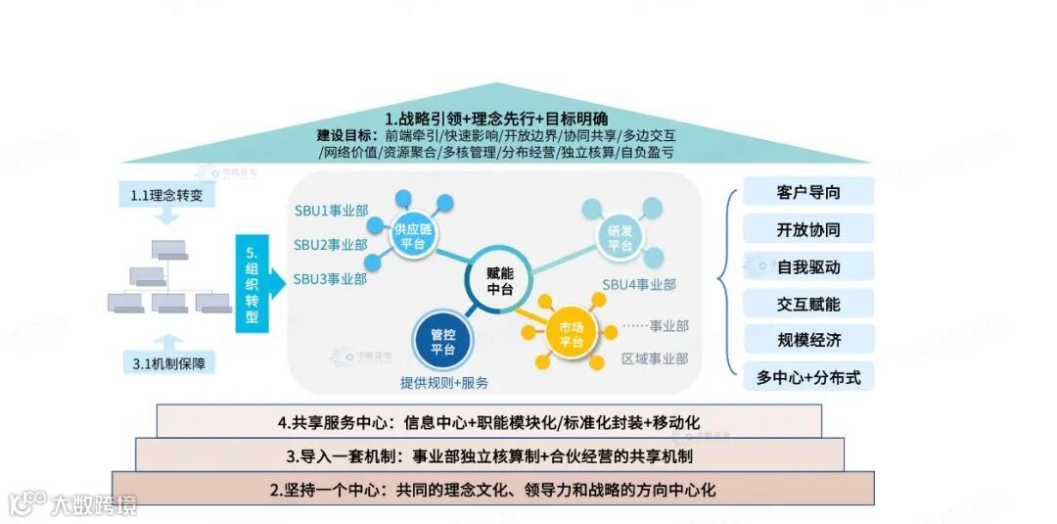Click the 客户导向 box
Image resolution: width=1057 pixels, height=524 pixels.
(x=808, y=192)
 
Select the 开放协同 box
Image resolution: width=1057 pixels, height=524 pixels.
(x=808, y=229)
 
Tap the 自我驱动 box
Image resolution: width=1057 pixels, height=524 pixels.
(x=808, y=266)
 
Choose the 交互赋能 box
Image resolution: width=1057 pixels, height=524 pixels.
(x=808, y=304)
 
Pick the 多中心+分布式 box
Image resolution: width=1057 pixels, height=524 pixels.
(x=808, y=377)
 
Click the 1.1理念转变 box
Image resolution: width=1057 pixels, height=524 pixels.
(x=172, y=196)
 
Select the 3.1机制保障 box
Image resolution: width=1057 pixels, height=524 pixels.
(x=174, y=364)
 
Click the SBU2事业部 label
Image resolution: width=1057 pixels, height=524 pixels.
(x=331, y=245)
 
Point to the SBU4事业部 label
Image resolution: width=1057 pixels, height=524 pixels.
(x=638, y=285)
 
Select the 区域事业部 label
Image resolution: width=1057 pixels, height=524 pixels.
(x=655, y=359)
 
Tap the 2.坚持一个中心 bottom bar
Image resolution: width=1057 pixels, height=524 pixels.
(x=492, y=489)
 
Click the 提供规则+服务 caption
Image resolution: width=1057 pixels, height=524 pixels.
(x=444, y=382)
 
